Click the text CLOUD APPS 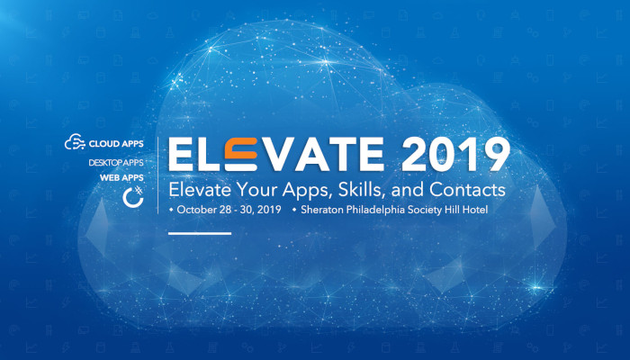click(116, 143)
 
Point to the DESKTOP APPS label click(116, 164)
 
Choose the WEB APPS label click(121, 178)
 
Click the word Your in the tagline click(258, 191)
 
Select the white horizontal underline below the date click(200, 233)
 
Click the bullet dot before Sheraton click(294, 210)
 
